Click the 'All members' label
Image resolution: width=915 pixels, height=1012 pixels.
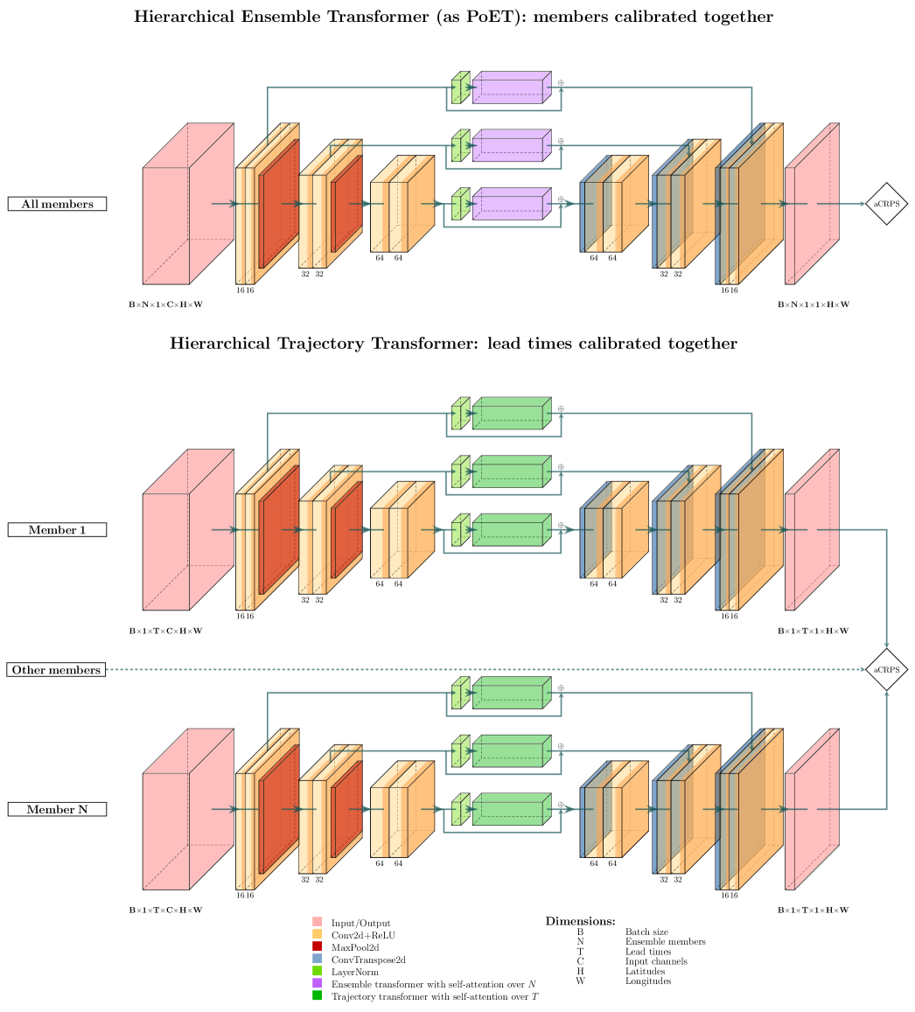(x=57, y=204)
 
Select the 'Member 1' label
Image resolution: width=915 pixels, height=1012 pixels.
(x=57, y=530)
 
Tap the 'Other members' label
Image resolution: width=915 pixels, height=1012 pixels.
(x=56, y=670)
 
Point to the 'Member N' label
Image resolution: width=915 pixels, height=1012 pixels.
(x=57, y=810)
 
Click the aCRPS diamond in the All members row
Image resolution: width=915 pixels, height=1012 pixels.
(x=886, y=204)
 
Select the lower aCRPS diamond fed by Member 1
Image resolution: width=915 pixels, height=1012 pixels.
(x=886, y=670)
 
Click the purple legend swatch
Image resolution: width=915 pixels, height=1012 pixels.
(x=317, y=982)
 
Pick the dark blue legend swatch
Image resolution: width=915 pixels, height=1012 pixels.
(x=317, y=958)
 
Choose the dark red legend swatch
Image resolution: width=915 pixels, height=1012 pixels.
(x=317, y=946)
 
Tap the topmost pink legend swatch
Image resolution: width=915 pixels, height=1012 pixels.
(x=317, y=921)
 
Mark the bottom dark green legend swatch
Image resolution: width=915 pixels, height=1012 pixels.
(x=317, y=995)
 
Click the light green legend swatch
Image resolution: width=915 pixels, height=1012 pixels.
(x=317, y=970)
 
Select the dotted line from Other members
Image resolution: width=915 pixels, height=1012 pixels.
(x=481, y=670)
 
